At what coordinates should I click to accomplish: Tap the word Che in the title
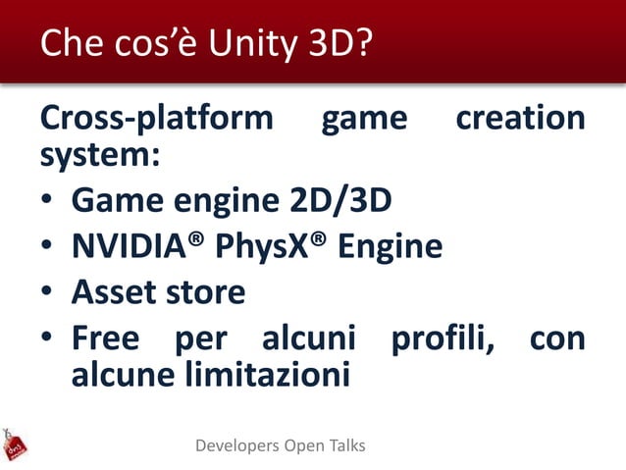pos(68,44)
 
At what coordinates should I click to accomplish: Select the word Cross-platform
pos(157,120)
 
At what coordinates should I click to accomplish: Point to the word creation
pos(520,119)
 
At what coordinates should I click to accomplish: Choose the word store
pos(204,292)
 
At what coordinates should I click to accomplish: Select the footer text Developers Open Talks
pos(281,445)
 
